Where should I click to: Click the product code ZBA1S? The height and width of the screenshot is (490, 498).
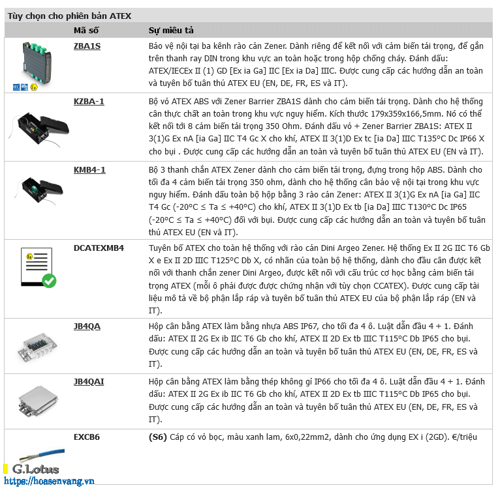[87, 46]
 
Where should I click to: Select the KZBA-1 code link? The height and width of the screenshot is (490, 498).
[89, 102]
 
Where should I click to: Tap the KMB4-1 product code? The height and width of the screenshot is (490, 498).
[89, 170]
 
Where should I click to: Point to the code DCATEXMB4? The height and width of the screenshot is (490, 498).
[99, 248]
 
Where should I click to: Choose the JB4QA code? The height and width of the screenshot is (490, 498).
[87, 326]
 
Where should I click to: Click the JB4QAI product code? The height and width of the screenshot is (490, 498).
[89, 382]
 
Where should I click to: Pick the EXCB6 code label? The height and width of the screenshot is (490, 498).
[87, 437]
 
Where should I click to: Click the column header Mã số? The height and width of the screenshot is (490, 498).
[86, 31]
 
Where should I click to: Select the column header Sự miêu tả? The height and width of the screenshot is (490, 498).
[171, 31]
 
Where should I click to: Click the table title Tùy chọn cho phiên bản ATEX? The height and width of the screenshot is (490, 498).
[69, 16]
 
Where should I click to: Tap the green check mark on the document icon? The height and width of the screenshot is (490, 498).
[49, 281]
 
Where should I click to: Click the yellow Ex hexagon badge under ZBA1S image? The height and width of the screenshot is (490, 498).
[34, 87]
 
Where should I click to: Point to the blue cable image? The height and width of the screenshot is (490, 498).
[42, 455]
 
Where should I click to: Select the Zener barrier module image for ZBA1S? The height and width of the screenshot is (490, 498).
[37, 63]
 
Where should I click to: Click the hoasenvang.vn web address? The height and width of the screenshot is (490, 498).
[49, 481]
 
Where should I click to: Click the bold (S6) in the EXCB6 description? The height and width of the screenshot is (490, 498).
[158, 437]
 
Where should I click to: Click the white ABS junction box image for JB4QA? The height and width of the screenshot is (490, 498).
[37, 347]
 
